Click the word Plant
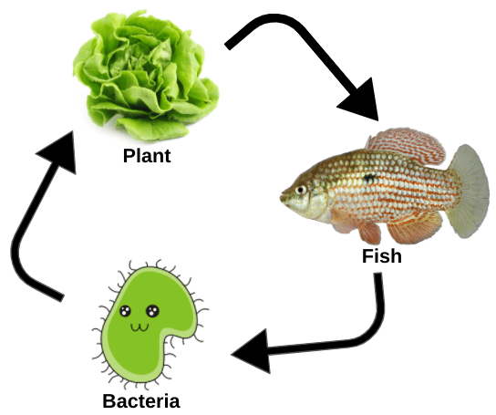click(x=147, y=156)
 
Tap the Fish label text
click(x=382, y=255)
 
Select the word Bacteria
click(x=141, y=400)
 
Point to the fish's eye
click(x=301, y=190)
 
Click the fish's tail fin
click(x=469, y=191)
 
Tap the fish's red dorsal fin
click(x=407, y=145)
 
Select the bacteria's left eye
click(x=125, y=311)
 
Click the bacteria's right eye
click(x=152, y=310)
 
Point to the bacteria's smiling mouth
click(x=139, y=327)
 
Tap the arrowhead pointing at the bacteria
click(x=251, y=351)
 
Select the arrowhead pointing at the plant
click(x=59, y=151)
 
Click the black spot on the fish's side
click(x=369, y=178)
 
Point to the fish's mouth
click(x=283, y=197)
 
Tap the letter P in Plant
click(x=129, y=156)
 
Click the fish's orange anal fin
click(x=414, y=228)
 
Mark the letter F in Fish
click(x=367, y=255)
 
